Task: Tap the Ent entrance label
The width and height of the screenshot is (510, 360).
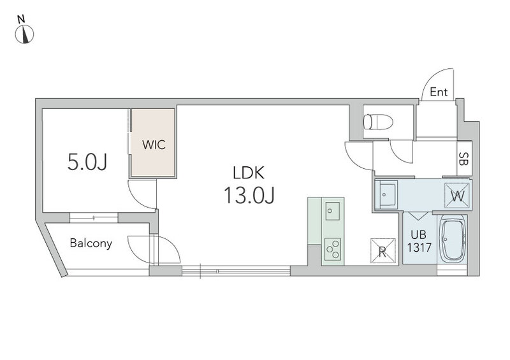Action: click(438, 92)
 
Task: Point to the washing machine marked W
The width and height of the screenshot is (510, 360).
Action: click(456, 196)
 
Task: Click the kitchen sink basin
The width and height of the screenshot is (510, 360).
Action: click(331, 208)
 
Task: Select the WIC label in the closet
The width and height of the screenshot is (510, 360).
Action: click(154, 144)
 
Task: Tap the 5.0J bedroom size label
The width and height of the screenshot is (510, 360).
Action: click(86, 163)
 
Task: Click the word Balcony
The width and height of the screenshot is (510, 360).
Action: click(91, 243)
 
